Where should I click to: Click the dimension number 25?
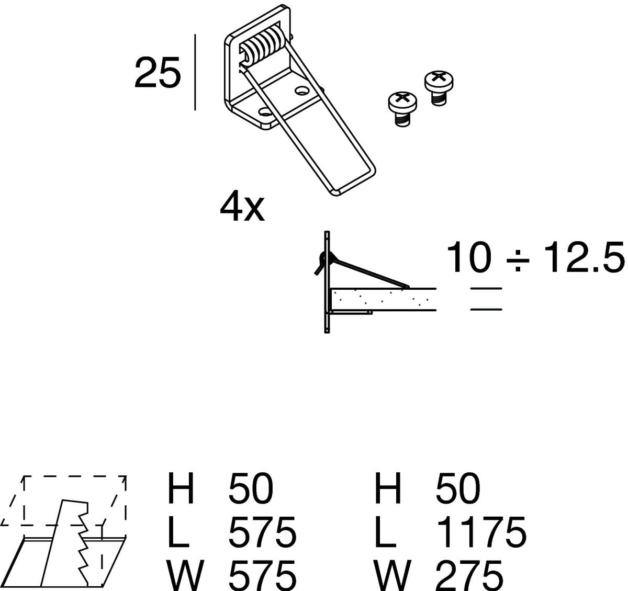(x=158, y=73)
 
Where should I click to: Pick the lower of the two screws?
(x=402, y=109)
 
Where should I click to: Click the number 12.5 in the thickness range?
(x=584, y=257)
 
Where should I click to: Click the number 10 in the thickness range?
(x=469, y=257)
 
